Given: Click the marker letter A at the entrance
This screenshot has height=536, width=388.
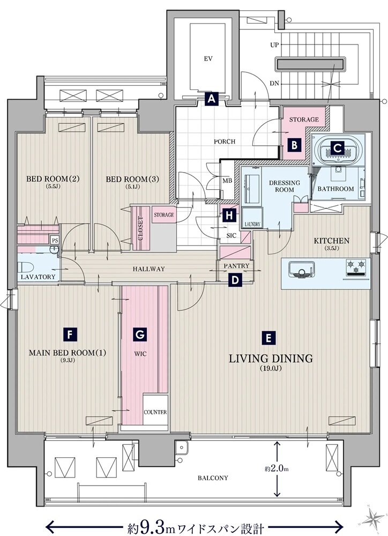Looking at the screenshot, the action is click(x=212, y=99).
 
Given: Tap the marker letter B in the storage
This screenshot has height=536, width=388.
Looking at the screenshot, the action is click(x=294, y=145).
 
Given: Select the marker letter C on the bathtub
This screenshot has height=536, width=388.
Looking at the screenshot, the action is click(x=338, y=148).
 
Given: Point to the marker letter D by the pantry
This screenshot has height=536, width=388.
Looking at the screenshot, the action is click(x=235, y=280).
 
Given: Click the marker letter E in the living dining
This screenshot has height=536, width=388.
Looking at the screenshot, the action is click(x=268, y=338).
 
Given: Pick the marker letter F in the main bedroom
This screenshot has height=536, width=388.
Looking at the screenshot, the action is click(x=70, y=334).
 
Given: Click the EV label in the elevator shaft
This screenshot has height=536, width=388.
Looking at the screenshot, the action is click(x=208, y=59).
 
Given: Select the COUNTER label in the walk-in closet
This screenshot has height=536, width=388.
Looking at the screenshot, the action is click(x=155, y=412).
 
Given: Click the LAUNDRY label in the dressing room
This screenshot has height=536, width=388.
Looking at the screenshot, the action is click(x=252, y=224).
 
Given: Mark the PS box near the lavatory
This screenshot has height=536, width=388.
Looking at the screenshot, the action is click(x=55, y=240).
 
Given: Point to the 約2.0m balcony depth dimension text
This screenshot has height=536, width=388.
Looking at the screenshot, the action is click(x=277, y=469).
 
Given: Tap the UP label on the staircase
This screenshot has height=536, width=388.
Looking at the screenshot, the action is click(x=274, y=45).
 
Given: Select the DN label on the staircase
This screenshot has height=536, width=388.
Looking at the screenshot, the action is click(x=274, y=84).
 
